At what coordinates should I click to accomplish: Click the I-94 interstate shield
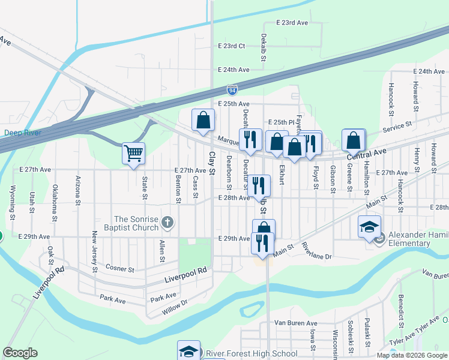coord(232,90)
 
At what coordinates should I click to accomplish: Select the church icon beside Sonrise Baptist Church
coord(167,224)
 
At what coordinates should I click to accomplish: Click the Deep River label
coord(22,133)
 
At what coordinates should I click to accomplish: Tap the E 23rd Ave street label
coord(292,22)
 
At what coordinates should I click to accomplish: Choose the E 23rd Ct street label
coord(232,46)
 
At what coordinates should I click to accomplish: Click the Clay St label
coord(211,159)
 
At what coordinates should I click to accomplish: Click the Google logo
coord(20,353)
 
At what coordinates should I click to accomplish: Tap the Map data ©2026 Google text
coord(412,355)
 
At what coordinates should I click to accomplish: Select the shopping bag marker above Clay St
coord(203,120)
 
